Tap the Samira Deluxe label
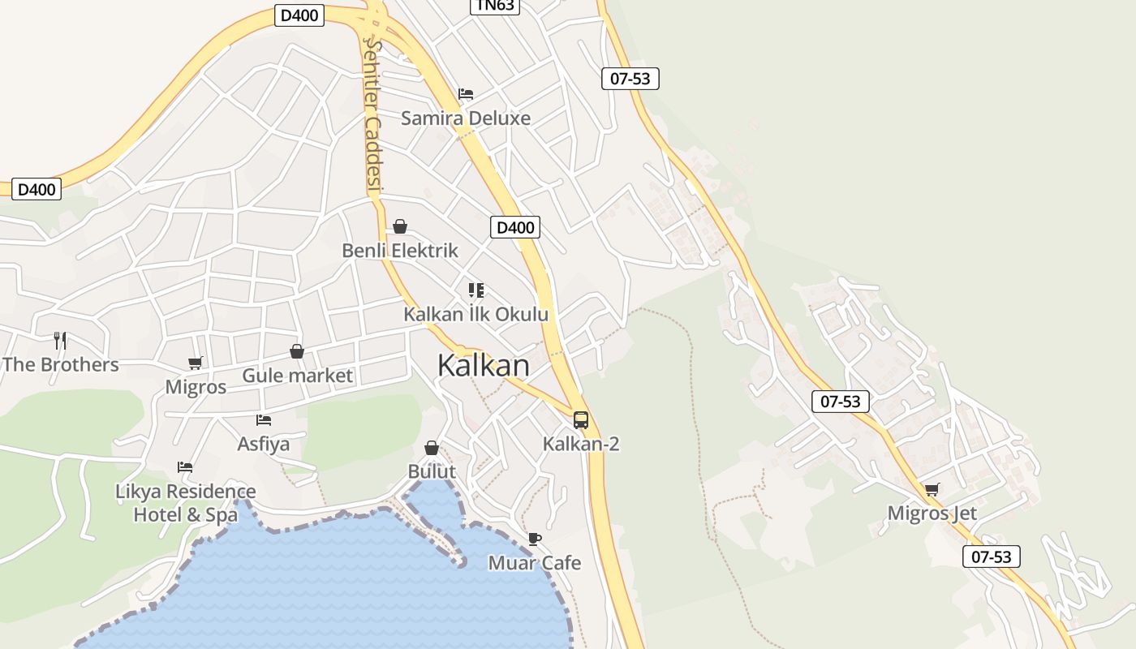coord(466,118)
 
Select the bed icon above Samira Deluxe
coord(466,94)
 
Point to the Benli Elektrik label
coord(400,251)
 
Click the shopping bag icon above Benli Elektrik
coord(400,226)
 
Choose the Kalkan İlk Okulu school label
coord(476,314)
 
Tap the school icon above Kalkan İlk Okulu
coord(476,290)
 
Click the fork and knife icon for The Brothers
coord(60,340)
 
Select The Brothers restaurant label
coord(61,364)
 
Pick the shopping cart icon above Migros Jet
coord(932,489)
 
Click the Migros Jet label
coord(932,514)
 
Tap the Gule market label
coord(297,376)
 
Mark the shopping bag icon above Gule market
coord(297,351)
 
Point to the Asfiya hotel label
coord(263,444)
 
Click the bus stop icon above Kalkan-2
coord(581,419)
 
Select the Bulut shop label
coord(432,471)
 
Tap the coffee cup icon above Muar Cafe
coord(534,539)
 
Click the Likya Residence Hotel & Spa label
coord(185,503)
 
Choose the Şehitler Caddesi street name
coord(372,114)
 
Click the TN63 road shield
coord(495,6)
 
